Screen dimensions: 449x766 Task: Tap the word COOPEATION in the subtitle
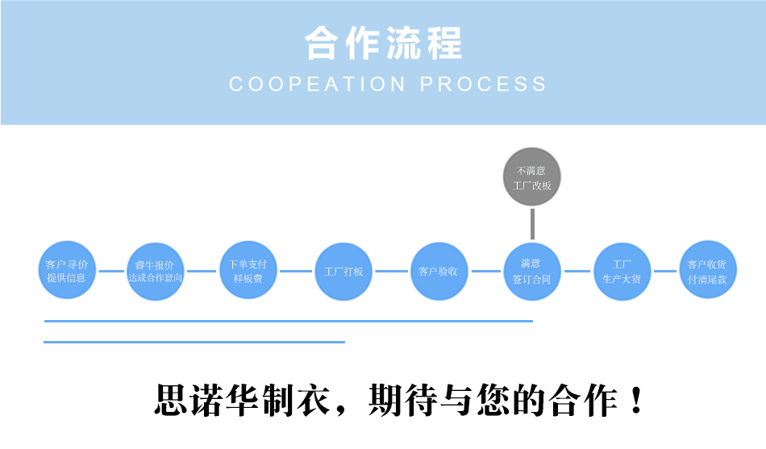(x=318, y=84)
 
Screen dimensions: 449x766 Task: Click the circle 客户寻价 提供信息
(x=67, y=270)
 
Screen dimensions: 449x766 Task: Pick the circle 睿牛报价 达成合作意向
(x=156, y=271)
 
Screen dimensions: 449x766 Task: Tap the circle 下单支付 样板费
(x=248, y=271)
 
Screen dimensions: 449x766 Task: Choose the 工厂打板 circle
(x=344, y=271)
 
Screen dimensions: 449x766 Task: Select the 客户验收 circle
(x=439, y=271)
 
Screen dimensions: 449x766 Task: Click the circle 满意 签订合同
(x=532, y=271)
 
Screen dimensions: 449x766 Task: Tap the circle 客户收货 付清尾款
(x=707, y=270)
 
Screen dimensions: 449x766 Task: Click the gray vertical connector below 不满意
(x=532, y=223)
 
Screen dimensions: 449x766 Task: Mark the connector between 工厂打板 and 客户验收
(x=391, y=271)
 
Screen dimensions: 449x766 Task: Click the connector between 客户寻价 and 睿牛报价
(x=111, y=271)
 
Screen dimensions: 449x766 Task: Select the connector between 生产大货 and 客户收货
(x=664, y=271)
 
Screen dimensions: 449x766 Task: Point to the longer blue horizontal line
(x=288, y=321)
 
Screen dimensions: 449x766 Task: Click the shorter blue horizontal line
(x=194, y=342)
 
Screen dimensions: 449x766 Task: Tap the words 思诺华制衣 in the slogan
(x=241, y=400)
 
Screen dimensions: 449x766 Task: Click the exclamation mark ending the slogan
(x=636, y=400)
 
